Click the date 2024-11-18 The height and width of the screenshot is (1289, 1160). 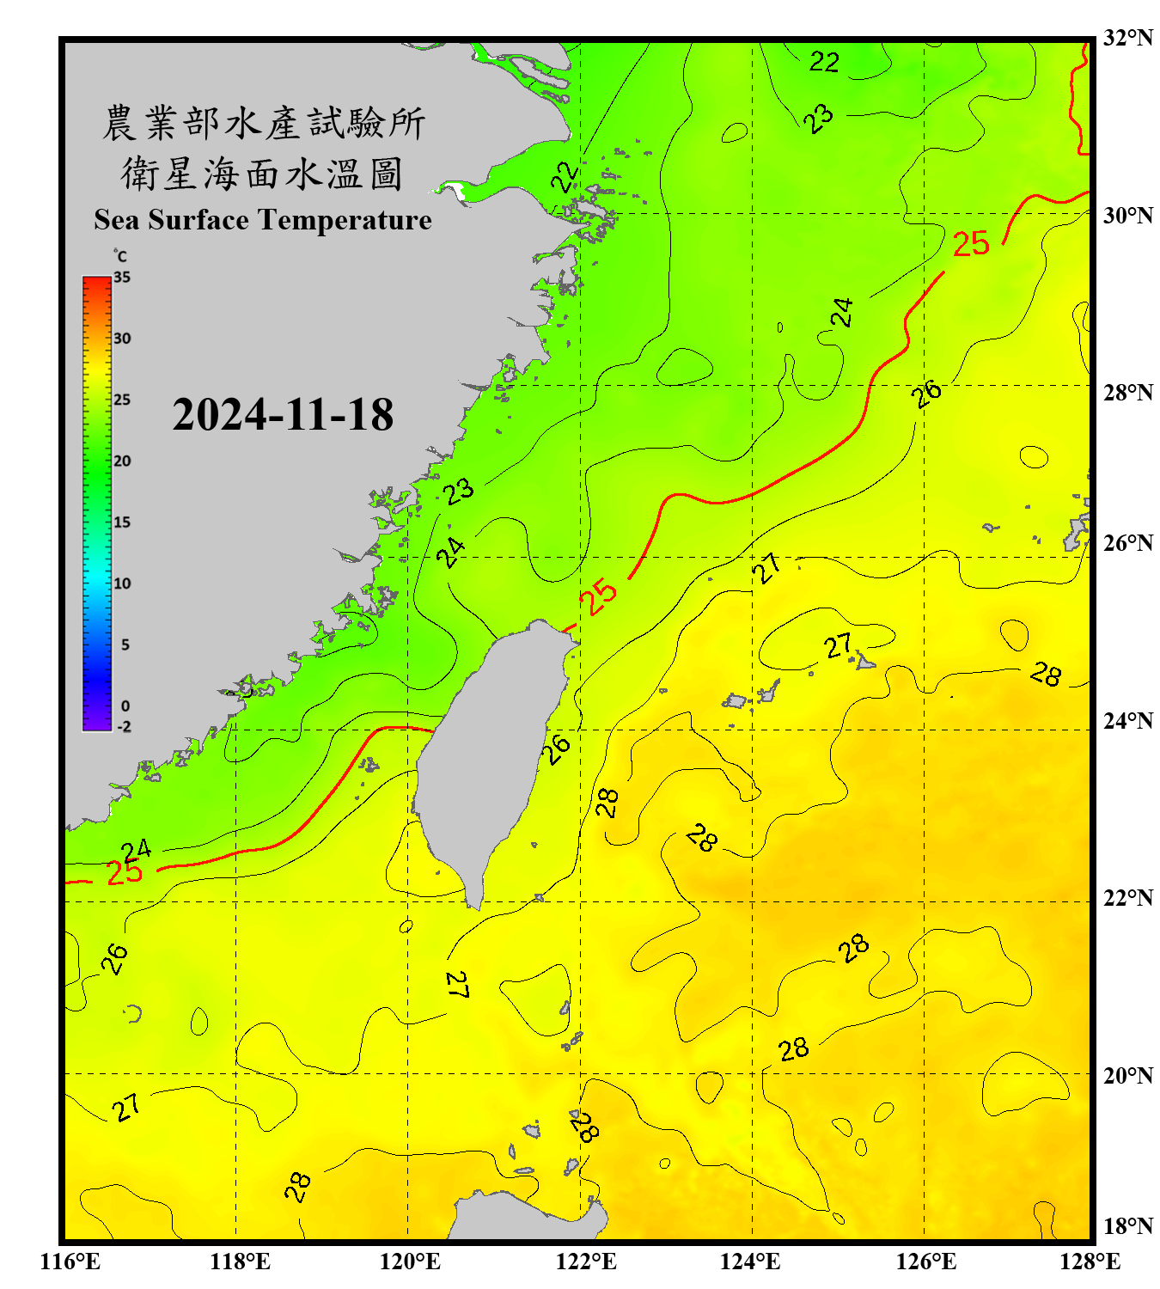(283, 415)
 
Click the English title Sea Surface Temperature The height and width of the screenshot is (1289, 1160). (263, 220)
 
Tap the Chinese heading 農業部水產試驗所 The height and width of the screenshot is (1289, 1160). (264, 123)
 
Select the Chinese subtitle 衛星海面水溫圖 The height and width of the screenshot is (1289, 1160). (262, 174)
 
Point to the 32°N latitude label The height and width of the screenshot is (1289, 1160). (1128, 38)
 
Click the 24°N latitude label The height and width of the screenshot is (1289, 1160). (1128, 720)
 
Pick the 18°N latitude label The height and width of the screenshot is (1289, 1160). (1128, 1226)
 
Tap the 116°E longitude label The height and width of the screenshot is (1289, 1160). (70, 1262)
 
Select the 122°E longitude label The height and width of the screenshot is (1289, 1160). (586, 1262)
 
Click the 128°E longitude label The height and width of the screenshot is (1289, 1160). (1090, 1262)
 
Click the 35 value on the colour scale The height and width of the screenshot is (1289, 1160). (122, 278)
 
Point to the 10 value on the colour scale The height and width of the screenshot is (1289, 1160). (122, 583)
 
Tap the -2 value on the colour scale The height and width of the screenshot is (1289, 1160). (124, 727)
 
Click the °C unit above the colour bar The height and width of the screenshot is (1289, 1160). (120, 256)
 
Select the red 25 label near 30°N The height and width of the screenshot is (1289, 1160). (971, 244)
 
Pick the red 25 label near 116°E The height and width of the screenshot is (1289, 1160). (125, 873)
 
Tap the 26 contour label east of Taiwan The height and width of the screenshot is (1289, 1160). (556, 749)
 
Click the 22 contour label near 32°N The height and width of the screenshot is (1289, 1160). (824, 62)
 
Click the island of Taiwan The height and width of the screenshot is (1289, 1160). (490, 748)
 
